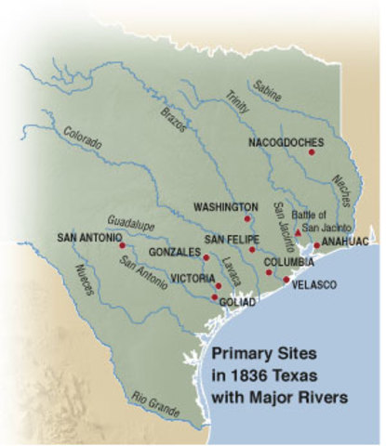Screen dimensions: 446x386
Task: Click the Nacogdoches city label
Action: coord(286,142)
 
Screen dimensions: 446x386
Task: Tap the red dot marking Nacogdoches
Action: coord(312,152)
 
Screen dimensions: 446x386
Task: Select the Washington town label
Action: coord(225,206)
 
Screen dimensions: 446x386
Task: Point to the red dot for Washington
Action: coord(247,218)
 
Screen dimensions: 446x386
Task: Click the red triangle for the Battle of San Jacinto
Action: coord(298,232)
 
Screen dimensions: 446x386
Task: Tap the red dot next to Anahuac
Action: coord(317,245)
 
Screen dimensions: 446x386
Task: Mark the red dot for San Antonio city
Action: coord(122,245)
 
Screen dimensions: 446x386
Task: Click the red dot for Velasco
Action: coord(286,279)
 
